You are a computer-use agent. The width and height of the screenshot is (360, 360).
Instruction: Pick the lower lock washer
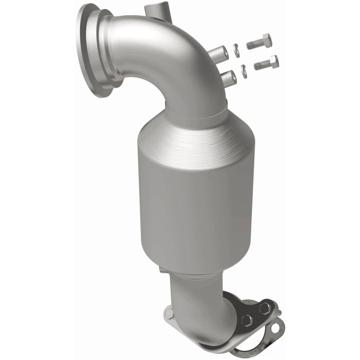(243, 71)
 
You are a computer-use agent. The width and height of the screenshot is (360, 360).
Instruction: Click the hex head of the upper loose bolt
(266, 39)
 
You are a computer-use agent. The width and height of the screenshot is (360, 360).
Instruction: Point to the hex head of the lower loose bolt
(273, 61)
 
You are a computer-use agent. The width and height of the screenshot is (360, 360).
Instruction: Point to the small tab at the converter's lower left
(163, 270)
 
